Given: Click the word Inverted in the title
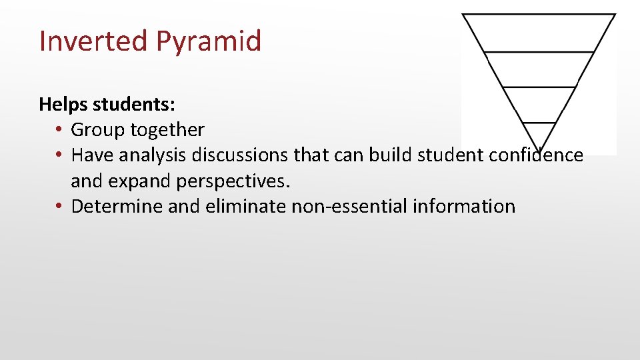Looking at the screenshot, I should [94, 41].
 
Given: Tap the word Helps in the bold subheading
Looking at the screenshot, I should [64, 104].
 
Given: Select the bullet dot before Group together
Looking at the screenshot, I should [59, 130].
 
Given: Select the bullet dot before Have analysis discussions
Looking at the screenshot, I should [59, 155].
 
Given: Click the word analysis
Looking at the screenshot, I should [154, 155].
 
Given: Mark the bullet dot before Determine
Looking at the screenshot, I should [59, 207].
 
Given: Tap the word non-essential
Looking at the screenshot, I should [350, 207].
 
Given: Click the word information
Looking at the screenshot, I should [465, 207].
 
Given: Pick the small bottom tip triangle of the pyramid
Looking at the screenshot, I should [539, 133].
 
